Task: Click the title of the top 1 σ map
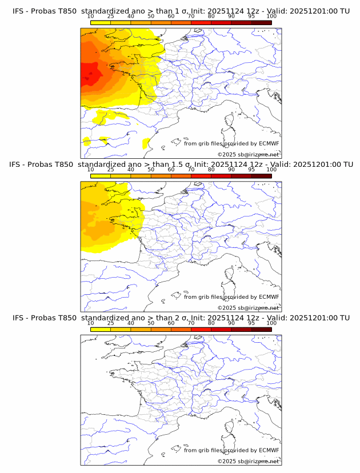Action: [x=181, y=11]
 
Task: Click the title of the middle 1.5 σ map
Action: [x=181, y=164]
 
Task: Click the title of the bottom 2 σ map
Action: [x=181, y=318]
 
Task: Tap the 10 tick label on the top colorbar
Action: [x=91, y=17]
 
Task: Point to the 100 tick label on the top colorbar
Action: [x=271, y=17]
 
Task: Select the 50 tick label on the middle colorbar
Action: [x=151, y=170]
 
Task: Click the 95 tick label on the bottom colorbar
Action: [x=251, y=323]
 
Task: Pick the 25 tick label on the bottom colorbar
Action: [x=110, y=323]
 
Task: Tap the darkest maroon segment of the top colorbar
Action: [x=261, y=22]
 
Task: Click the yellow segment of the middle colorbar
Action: [x=101, y=176]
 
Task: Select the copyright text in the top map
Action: [x=248, y=155]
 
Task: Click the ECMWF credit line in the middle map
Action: [x=231, y=296]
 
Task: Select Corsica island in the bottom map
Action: [x=229, y=428]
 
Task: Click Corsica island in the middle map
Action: [x=229, y=274]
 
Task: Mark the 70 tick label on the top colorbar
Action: [x=191, y=17]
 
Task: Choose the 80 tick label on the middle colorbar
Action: [x=211, y=170]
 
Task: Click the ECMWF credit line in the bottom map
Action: [x=231, y=450]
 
